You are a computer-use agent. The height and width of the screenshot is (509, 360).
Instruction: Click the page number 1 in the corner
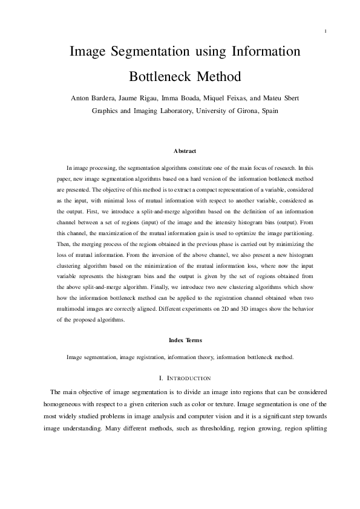[326, 31]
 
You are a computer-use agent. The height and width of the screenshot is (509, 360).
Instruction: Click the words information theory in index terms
[186, 357]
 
